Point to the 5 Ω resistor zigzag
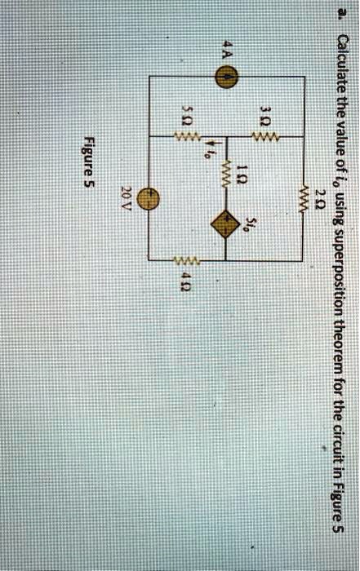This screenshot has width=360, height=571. tap(187, 137)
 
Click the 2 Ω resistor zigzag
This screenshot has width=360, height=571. tap(304, 199)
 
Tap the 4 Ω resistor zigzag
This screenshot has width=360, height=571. tap(186, 260)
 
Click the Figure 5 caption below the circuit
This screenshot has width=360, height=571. tap(89, 161)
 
